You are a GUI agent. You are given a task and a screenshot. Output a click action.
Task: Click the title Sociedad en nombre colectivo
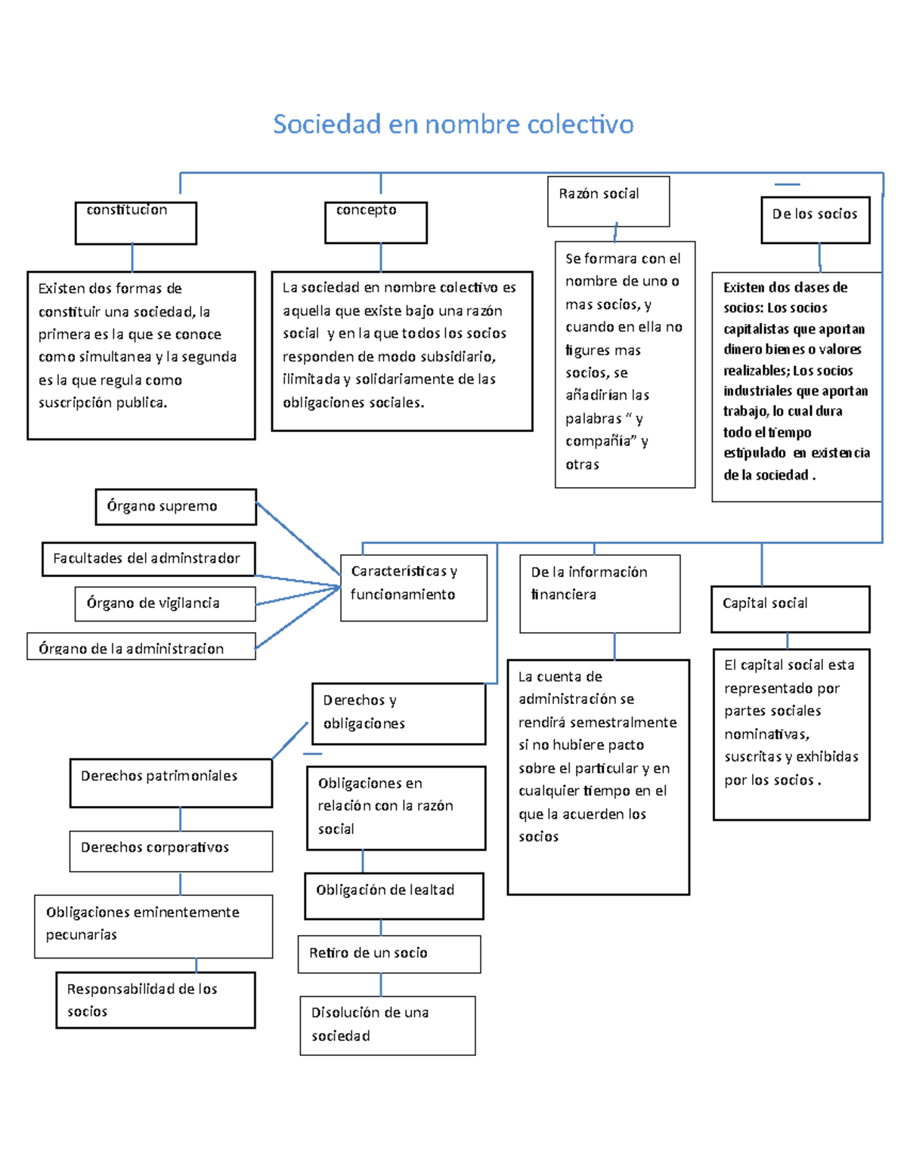(x=453, y=124)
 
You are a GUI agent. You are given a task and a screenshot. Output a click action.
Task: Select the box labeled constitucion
(x=136, y=223)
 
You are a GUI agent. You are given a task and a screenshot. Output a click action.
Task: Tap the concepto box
(x=376, y=223)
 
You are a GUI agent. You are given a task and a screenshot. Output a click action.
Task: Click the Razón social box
(x=608, y=202)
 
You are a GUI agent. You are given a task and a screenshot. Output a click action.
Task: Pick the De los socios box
(x=815, y=220)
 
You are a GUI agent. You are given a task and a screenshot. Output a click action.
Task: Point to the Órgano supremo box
(x=175, y=507)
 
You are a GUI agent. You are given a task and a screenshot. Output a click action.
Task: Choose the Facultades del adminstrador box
(x=148, y=559)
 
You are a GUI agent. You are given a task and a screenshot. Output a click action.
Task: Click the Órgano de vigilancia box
(x=165, y=603)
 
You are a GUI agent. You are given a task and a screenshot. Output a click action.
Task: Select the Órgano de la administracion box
(x=141, y=648)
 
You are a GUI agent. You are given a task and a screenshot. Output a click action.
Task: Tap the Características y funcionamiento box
(x=413, y=588)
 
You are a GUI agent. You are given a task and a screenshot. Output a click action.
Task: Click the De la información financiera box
(x=599, y=594)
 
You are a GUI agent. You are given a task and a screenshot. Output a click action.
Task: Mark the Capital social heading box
(x=790, y=609)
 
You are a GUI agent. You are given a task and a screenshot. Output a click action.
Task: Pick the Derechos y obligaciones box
(x=398, y=714)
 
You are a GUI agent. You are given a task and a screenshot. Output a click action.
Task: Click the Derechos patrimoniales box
(x=171, y=783)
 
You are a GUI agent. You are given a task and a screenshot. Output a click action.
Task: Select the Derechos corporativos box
(x=171, y=851)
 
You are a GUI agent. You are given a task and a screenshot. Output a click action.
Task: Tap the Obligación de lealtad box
(x=394, y=896)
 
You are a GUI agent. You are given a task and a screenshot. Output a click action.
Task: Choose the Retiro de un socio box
(x=389, y=955)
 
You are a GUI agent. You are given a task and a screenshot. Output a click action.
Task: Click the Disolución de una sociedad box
(x=387, y=1025)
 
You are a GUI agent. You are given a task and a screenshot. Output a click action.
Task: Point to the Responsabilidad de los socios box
(x=155, y=1000)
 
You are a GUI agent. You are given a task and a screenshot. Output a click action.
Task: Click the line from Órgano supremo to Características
(x=299, y=539)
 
